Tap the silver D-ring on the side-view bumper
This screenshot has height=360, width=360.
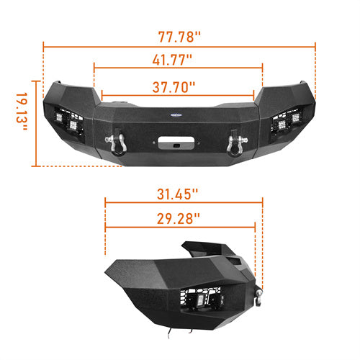pyautogui.click(x=258, y=292)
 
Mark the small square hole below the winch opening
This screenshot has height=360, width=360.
pyautogui.click(x=175, y=147)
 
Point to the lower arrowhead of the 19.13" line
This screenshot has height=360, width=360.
pyautogui.click(x=35, y=165)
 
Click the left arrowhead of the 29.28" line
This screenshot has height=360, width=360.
pyautogui.click(x=107, y=228)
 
